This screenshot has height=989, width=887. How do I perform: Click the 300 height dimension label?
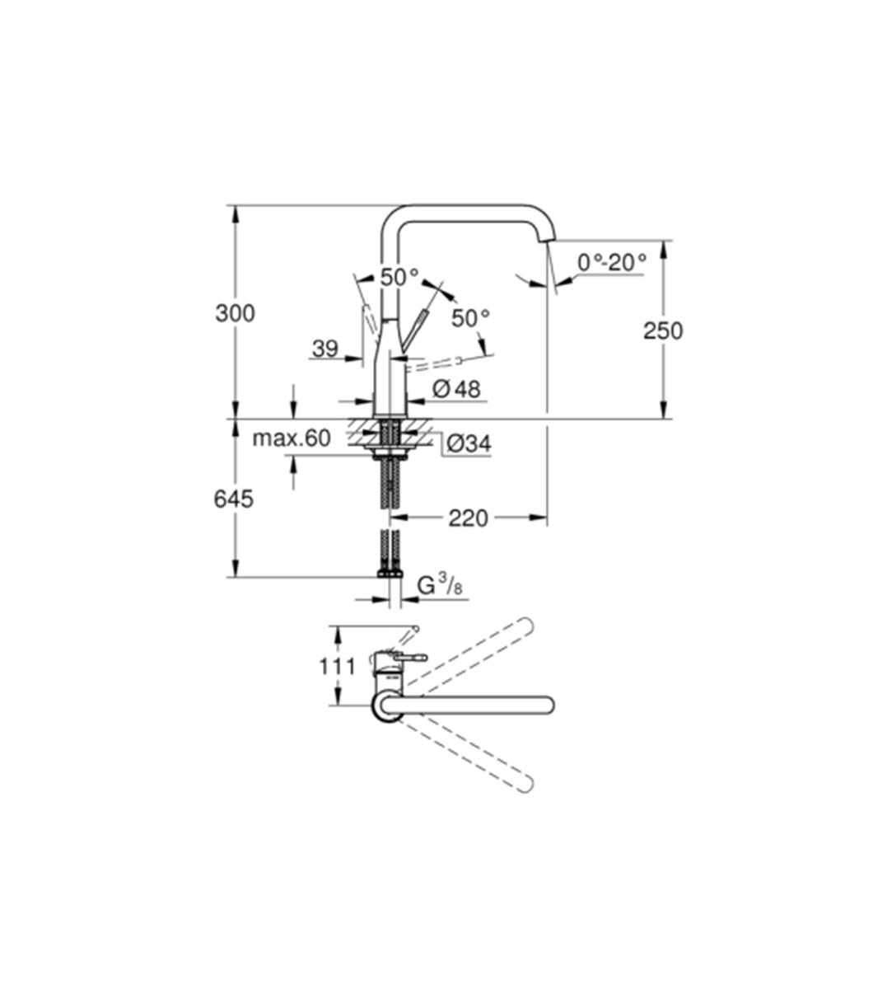point(236,313)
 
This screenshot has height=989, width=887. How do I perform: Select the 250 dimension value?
point(663,331)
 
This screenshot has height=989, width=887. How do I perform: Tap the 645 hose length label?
point(234,499)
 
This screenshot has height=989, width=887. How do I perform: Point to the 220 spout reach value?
point(469,518)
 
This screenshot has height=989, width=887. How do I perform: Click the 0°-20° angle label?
point(612,263)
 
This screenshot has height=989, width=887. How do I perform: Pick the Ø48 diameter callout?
point(456,389)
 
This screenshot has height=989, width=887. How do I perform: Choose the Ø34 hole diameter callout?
point(469,443)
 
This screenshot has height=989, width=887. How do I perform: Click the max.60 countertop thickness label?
point(292,438)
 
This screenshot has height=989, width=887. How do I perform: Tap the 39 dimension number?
point(325,349)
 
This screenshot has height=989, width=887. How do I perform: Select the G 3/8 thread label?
point(440,585)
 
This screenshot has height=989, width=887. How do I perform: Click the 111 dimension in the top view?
point(337,666)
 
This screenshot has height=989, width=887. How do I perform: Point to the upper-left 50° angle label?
point(400,278)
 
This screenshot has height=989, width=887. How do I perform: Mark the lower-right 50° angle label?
point(471,319)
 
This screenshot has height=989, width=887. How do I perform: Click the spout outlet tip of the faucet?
point(549,237)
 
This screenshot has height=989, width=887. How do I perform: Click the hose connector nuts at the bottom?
point(390,574)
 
